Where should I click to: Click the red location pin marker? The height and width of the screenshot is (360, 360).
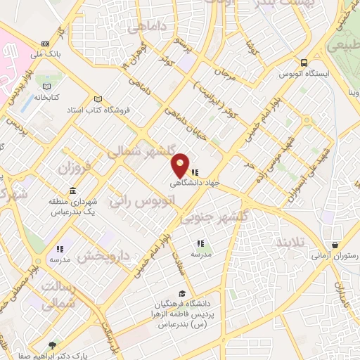pyautogui.click(x=181, y=165)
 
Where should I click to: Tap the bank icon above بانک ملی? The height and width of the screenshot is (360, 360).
pyautogui.click(x=46, y=42)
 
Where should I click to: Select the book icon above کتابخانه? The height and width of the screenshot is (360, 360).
pyautogui.click(x=47, y=86)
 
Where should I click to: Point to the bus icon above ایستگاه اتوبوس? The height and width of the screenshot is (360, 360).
pyautogui.click(x=303, y=62)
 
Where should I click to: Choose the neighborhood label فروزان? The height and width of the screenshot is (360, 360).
pyautogui.click(x=75, y=169)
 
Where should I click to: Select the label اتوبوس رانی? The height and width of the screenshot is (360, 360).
pyautogui.click(x=141, y=201)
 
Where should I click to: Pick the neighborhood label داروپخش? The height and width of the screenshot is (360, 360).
pyautogui.click(x=103, y=256)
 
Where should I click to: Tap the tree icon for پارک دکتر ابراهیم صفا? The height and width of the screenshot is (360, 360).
pyautogui.click(x=51, y=345)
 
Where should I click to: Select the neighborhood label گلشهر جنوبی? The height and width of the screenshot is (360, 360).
pyautogui.click(x=213, y=218)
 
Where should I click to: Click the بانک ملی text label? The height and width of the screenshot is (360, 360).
pyautogui.click(x=51, y=53)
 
